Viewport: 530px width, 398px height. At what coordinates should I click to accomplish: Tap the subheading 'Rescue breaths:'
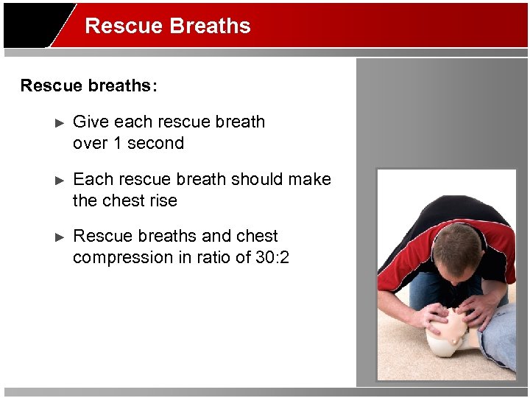click(x=88, y=85)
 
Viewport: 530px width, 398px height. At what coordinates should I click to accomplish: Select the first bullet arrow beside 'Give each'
click(x=61, y=122)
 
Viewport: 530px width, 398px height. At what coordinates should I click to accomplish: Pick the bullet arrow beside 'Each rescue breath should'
click(x=61, y=180)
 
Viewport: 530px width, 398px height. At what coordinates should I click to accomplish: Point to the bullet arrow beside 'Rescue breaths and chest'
click(x=61, y=237)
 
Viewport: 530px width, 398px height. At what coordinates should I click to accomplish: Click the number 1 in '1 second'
click(x=117, y=143)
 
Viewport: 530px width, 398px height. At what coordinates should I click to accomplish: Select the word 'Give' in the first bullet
click(x=91, y=122)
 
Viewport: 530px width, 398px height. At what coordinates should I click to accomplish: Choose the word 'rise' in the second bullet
click(x=162, y=200)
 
